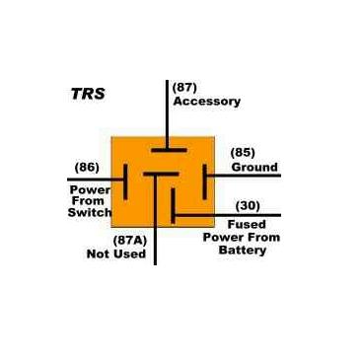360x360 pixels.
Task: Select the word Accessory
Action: pyautogui.click(x=206, y=101)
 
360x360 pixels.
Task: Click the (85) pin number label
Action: pyautogui.click(x=243, y=152)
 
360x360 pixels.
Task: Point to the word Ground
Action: pyautogui.click(x=254, y=167)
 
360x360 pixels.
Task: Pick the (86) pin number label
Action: pyautogui.click(x=88, y=167)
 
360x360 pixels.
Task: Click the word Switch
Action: pyautogui.click(x=90, y=212)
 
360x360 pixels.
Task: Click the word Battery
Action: pyautogui.click(x=243, y=251)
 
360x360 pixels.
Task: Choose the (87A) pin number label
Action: pyautogui.click(x=131, y=240)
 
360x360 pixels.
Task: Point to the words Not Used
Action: pyautogui.click(x=117, y=254)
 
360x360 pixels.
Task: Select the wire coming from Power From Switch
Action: pyautogui.click(x=94, y=180)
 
